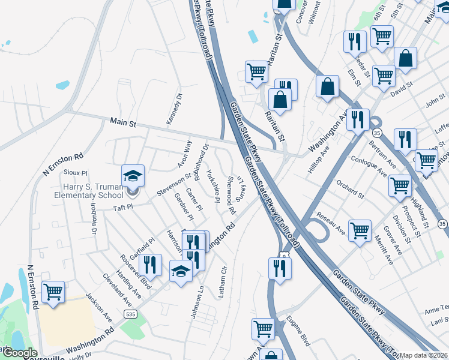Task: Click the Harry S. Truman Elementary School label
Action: coord(89,191)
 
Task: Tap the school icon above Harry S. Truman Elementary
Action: coord(133,176)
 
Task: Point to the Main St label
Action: coord(124,122)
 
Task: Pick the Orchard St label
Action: coord(350,191)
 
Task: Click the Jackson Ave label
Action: coord(99,305)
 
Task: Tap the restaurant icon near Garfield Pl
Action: coord(151,264)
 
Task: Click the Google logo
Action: coord(20,353)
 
